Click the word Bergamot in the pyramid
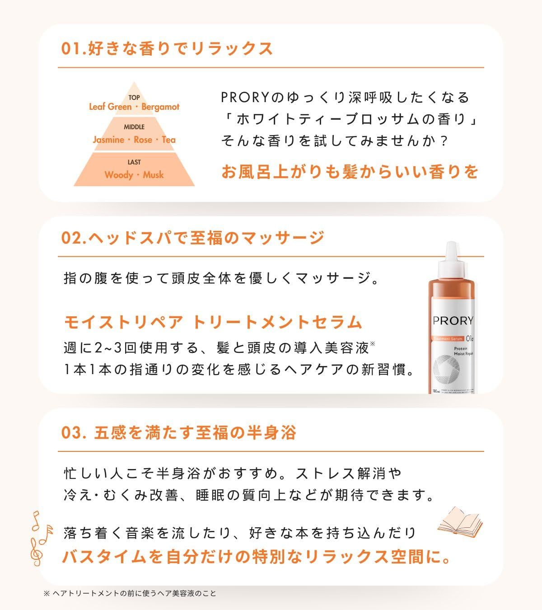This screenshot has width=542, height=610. click(160, 107)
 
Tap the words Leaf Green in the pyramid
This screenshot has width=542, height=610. click(110, 107)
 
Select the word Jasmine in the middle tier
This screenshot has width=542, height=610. click(108, 140)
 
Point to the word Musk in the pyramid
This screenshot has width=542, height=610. click(153, 175)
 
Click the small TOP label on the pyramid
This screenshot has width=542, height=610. click(134, 98)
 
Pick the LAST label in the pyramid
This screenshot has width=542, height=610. click(134, 162)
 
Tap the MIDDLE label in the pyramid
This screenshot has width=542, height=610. click(134, 127)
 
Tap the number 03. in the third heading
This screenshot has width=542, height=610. click(73, 433)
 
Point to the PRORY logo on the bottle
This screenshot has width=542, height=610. click(453, 321)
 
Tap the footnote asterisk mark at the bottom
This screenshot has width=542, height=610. click(47, 593)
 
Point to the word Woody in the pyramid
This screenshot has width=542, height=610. click(118, 175)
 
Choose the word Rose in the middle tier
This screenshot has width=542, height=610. click(143, 140)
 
